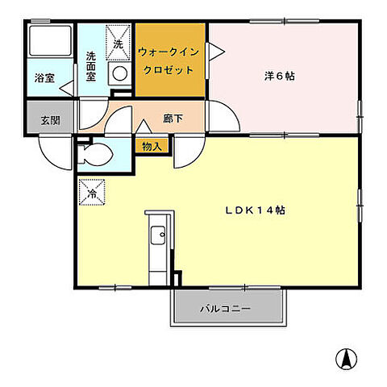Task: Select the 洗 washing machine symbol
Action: [119, 45]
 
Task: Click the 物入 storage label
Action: [151, 146]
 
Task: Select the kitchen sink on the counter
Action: [157, 238]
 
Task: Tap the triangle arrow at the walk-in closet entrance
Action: [216, 52]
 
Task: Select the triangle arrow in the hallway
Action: [144, 125]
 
